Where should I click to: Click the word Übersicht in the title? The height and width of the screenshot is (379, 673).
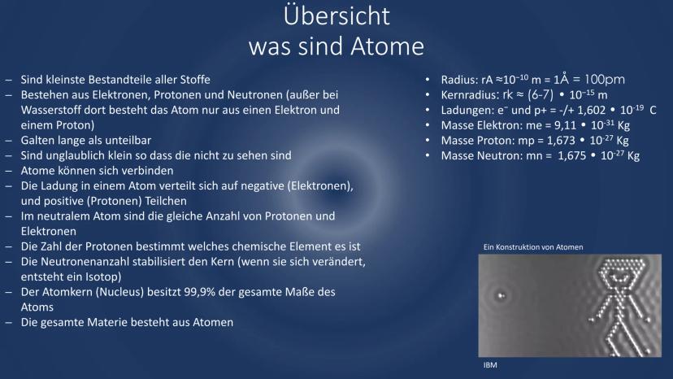pos(336,15)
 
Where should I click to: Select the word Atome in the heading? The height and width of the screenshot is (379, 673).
pos(387,46)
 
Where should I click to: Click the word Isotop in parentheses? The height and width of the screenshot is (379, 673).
pos(103,277)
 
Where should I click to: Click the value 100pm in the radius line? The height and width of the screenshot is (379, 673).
pos(605,80)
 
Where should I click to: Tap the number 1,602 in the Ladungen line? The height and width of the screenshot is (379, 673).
pos(591,111)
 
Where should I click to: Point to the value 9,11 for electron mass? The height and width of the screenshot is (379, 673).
pos(565,125)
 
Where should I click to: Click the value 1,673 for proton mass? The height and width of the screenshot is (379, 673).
pos(561,141)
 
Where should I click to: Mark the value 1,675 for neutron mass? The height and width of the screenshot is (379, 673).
pos(571,155)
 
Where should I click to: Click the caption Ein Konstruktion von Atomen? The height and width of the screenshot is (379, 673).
pos(533,247)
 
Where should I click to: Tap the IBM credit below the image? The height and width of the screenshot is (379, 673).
pos(490,365)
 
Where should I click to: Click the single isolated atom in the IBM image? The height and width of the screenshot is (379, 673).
pos(501,295)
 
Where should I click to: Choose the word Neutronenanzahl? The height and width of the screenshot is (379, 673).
pos(86,262)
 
